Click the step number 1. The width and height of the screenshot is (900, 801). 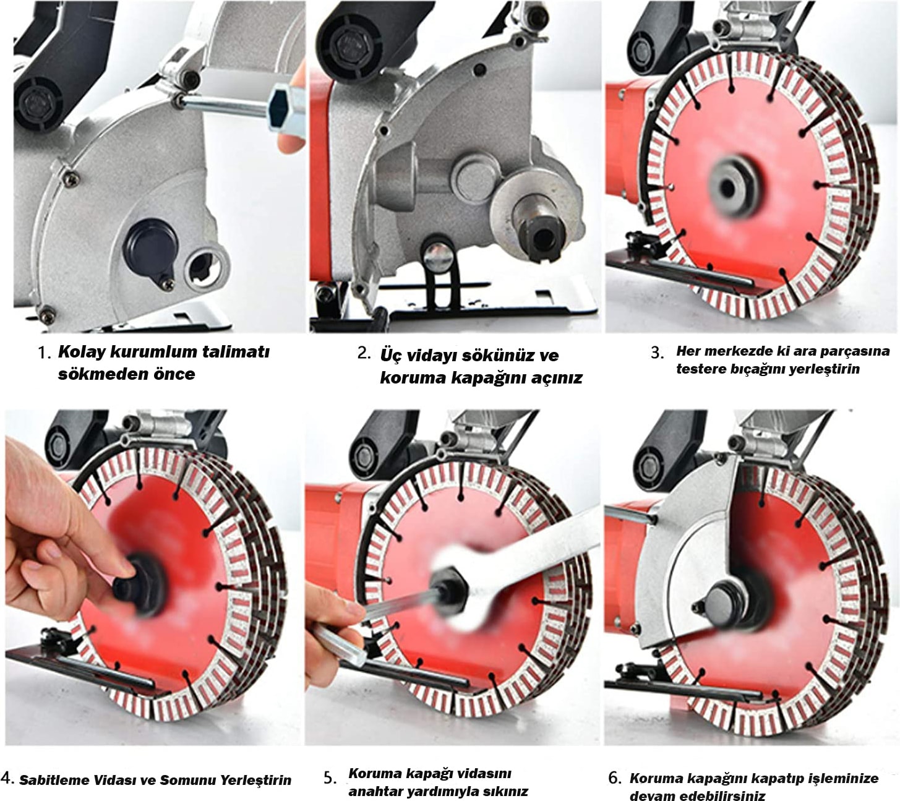tap(43, 354)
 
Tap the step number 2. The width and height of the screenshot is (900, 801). tap(364, 354)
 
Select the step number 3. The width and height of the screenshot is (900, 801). tap(657, 353)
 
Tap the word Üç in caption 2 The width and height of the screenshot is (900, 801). tap(391, 355)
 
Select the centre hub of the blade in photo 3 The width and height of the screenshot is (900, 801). tap(727, 188)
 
